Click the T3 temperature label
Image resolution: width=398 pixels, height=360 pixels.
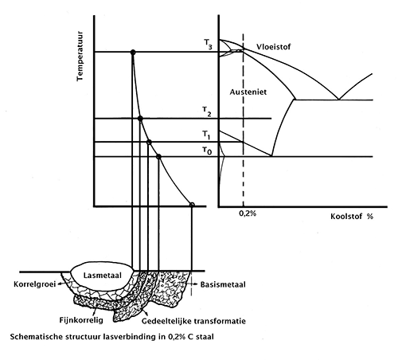point(208,45)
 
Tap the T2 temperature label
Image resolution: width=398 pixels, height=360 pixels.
point(207,112)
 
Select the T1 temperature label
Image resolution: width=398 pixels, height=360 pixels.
point(206,135)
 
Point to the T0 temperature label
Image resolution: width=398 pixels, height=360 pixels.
point(207,151)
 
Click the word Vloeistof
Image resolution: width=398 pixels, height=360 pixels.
point(274,47)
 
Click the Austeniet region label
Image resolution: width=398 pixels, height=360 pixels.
point(248,92)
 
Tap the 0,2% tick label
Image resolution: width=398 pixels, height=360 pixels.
point(248,213)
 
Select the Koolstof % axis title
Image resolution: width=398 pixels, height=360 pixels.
point(352,217)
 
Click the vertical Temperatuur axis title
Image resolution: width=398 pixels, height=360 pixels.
point(80,57)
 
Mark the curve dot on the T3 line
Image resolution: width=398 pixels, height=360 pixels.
point(133,53)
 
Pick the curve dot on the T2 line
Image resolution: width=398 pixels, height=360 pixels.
point(140,119)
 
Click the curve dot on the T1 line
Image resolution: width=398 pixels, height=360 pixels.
point(149,143)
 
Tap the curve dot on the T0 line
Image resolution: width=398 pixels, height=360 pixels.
point(158,157)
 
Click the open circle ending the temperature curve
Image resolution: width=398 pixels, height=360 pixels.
point(192,205)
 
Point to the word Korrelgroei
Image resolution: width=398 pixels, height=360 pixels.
point(35,284)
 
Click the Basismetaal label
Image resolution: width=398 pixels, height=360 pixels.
point(223,284)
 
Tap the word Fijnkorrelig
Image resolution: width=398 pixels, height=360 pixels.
point(81,320)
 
